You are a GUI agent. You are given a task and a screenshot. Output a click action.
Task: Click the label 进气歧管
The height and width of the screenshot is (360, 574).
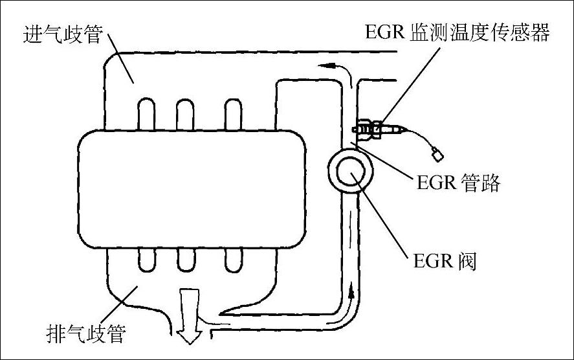point(63,34)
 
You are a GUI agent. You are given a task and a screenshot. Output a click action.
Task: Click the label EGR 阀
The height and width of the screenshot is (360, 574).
point(444,264)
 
